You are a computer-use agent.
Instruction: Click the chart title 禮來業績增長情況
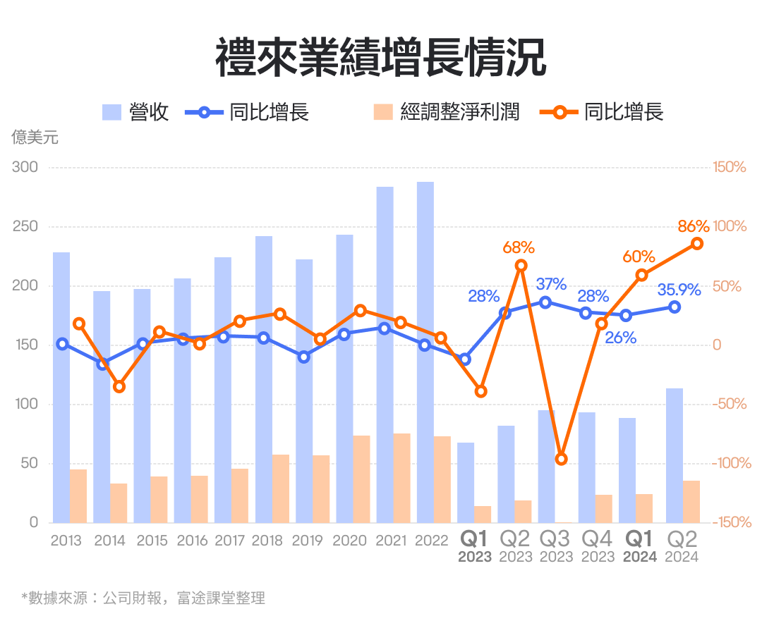(x=380, y=58)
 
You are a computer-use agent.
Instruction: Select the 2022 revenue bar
(x=425, y=352)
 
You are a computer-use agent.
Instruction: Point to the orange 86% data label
(x=693, y=226)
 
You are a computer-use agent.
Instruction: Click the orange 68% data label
(x=519, y=247)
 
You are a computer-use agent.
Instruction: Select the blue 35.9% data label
(x=679, y=290)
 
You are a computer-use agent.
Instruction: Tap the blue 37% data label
(x=551, y=284)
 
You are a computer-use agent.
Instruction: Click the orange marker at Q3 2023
(x=562, y=459)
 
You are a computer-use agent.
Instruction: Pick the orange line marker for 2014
(x=119, y=386)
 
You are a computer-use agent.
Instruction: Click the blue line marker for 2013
(x=62, y=344)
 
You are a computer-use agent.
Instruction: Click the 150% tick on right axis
(x=730, y=168)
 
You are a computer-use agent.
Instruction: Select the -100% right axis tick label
(x=728, y=463)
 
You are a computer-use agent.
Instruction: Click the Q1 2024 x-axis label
(x=639, y=547)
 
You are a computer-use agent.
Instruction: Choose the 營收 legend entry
(x=135, y=111)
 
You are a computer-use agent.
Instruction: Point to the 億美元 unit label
(x=35, y=137)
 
